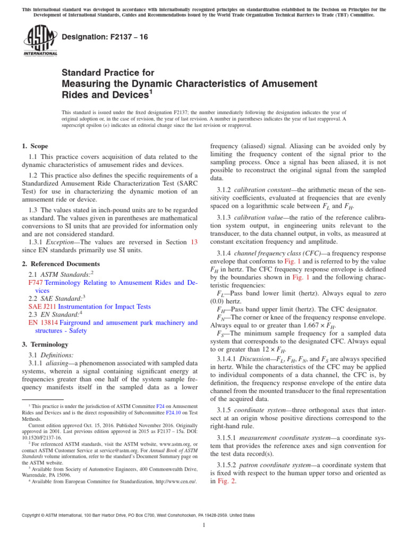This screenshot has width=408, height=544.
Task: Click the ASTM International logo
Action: tap(40, 41)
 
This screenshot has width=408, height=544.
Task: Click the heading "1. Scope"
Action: tap(35, 146)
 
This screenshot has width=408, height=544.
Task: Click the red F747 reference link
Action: tap(35, 283)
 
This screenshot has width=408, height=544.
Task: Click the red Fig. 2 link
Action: tap(226, 481)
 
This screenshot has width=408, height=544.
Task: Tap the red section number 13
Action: tap(194, 242)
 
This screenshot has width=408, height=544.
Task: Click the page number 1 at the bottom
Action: tap(204, 525)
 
